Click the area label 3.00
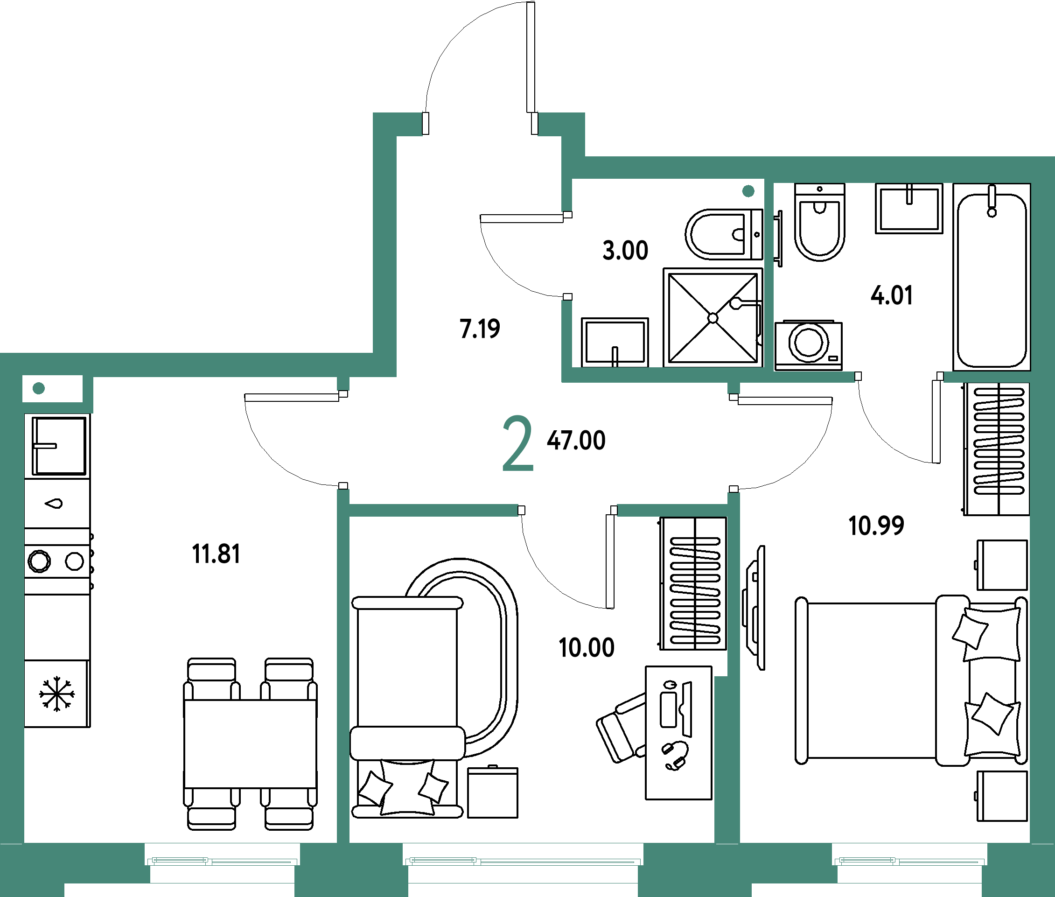coord(625,250)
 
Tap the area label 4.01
coord(891,295)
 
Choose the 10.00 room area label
coord(586,647)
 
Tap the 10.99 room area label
coord(876,526)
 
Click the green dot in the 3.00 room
coord(748,191)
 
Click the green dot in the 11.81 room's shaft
coord(39,388)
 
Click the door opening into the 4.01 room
coord(899,377)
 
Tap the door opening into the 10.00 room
coord(567,510)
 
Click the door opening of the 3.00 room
coord(566,256)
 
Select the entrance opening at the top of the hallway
coord(480,124)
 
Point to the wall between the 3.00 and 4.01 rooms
coord(769,274)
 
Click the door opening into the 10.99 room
coord(733,443)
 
